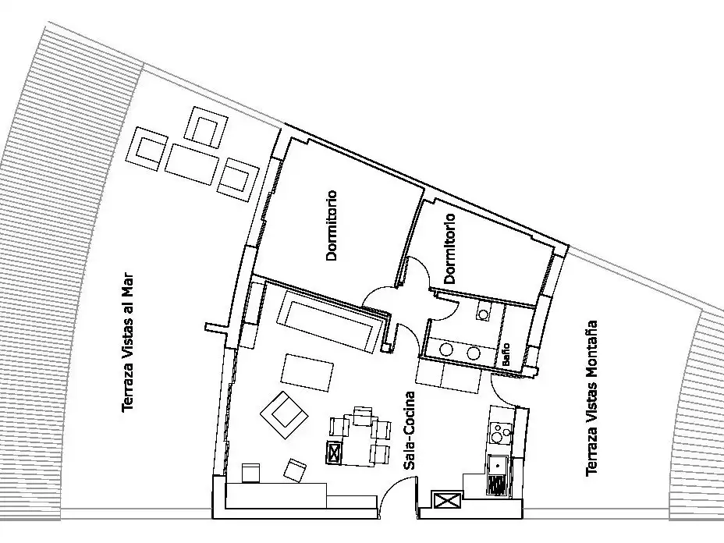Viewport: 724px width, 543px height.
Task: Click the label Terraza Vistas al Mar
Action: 127,342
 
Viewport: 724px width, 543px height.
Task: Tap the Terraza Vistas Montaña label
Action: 591,398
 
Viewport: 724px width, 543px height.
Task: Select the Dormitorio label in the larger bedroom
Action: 332,225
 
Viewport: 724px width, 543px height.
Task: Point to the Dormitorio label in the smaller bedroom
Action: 449,248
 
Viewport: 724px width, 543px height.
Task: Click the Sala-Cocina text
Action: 409,431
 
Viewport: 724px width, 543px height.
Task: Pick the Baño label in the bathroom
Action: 506,354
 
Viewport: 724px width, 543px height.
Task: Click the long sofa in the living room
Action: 330,321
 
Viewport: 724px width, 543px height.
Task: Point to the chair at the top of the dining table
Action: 363,415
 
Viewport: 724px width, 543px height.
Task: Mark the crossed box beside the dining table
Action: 334,452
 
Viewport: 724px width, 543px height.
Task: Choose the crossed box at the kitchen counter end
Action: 446,501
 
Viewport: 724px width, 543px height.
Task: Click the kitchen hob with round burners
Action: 501,433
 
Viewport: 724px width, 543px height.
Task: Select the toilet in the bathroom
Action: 484,311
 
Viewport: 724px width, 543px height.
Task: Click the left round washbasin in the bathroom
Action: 446,350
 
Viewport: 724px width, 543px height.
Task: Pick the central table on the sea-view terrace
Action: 193,164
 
